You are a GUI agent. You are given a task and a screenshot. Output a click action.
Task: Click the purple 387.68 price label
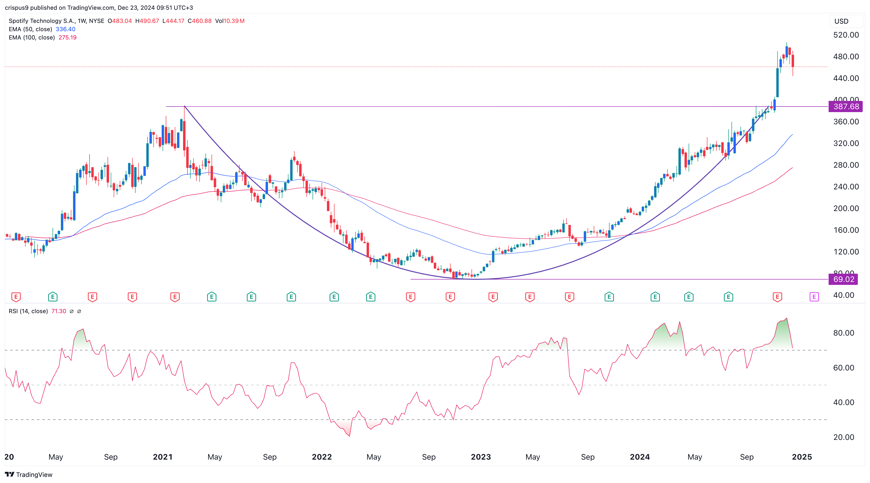pos(845,106)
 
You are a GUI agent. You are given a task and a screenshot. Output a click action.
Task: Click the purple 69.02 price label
pos(843,279)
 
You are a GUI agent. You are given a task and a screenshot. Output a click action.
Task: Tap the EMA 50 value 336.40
pos(65,29)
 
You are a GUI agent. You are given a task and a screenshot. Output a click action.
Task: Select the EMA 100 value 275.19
pos(67,38)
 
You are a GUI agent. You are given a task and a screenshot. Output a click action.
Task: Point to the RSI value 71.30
pos(59,311)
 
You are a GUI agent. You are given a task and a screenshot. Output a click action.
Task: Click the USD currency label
pos(841,21)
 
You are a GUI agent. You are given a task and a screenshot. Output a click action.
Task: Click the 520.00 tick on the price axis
pos(846,35)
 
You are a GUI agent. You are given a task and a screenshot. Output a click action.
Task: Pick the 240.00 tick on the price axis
pos(846,187)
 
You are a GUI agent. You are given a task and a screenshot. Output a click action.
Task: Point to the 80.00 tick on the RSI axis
pos(843,333)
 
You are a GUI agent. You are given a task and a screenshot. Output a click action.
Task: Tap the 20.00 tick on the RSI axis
pos(843,437)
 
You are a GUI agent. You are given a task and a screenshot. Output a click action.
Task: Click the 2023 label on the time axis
pos(481,457)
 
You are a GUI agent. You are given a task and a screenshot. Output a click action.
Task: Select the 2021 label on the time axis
pos(162,457)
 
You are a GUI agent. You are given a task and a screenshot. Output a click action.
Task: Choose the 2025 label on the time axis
pos(802,457)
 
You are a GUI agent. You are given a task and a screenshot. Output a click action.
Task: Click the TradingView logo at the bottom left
pos(29,474)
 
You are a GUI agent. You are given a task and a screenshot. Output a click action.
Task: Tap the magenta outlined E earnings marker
pos(814,297)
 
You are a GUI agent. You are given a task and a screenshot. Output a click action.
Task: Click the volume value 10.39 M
pos(234,21)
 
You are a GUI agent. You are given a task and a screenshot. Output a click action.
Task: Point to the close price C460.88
pos(200,21)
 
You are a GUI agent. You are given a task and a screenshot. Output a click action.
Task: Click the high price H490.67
pos(147,21)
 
